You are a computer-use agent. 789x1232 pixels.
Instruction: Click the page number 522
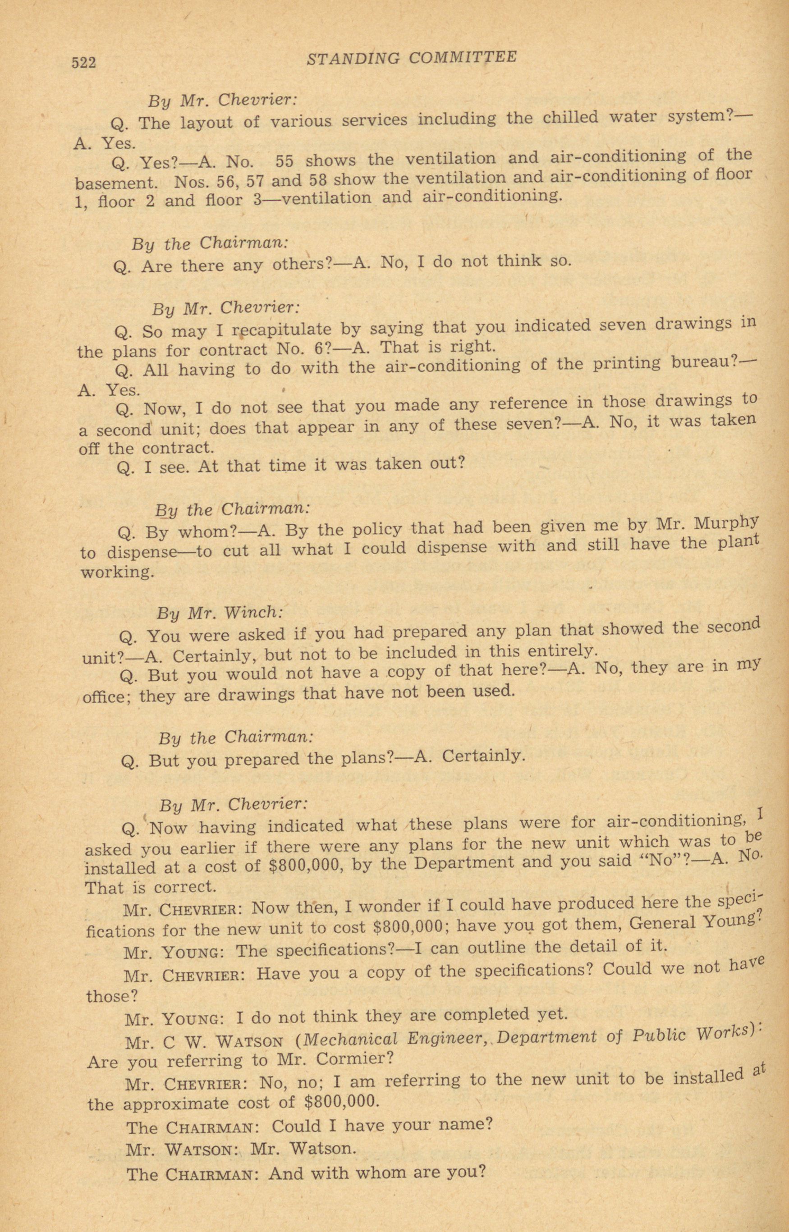[83, 63]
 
